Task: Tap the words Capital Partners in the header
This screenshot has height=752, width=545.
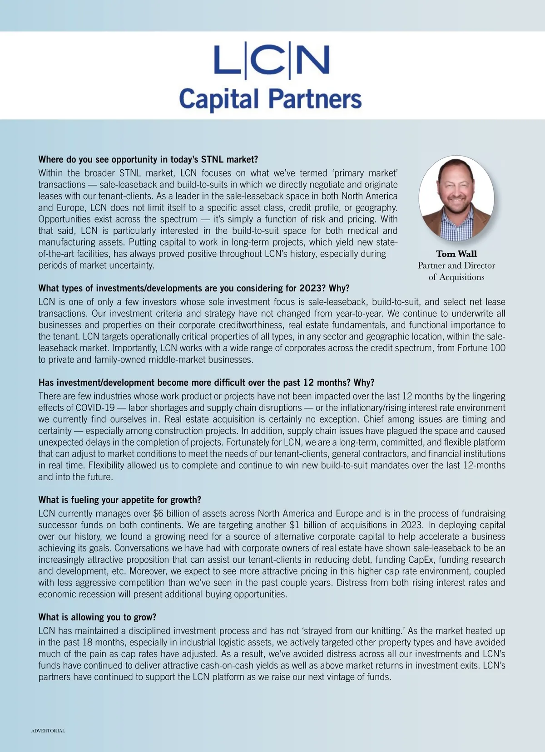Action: coord(270,98)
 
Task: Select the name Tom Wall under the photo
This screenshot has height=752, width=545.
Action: coord(456,254)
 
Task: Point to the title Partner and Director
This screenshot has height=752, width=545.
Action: coord(456,265)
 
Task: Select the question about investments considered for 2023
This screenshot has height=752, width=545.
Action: coord(194,289)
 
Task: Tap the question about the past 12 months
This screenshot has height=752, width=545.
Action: coord(206,382)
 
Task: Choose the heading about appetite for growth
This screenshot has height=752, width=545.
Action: coord(119,500)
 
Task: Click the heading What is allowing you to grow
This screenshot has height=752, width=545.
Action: coord(97,617)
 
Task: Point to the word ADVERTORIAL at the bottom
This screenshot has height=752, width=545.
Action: coord(48,731)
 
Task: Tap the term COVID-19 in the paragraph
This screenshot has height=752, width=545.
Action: coord(95,408)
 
